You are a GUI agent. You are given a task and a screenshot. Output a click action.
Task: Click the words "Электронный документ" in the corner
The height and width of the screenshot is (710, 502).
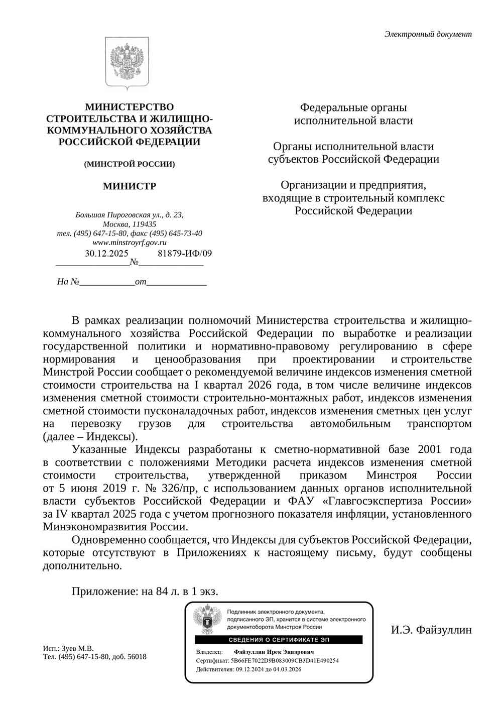click(x=428, y=34)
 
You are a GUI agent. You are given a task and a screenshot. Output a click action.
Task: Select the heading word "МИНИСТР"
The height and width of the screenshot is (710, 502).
click(x=130, y=186)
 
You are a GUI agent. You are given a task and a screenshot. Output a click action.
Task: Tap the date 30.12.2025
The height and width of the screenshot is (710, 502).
click(x=106, y=253)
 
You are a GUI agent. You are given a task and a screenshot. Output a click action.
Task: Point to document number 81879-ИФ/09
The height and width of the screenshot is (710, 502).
click(x=185, y=253)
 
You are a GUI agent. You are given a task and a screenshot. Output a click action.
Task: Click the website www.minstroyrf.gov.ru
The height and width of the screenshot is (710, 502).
click(x=130, y=243)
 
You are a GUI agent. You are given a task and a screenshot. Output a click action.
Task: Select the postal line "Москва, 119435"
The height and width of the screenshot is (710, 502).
click(x=130, y=224)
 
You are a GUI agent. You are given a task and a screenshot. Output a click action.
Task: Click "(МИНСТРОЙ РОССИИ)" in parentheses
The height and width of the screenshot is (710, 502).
click(x=130, y=164)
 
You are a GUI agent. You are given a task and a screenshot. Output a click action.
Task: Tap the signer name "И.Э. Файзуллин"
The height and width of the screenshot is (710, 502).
click(x=432, y=629)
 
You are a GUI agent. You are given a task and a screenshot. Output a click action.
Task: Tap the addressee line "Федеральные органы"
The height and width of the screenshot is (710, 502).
click(x=353, y=107)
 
